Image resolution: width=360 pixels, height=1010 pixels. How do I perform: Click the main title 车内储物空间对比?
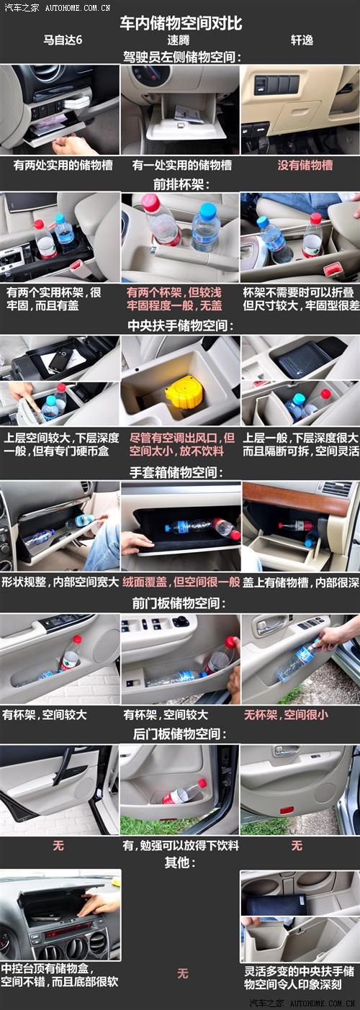coord(181,23)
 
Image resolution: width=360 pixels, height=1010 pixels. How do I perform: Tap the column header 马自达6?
coord(63,40)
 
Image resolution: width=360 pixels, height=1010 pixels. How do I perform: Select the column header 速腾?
coord(179,40)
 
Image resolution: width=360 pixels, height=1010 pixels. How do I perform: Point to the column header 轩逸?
coord(302,40)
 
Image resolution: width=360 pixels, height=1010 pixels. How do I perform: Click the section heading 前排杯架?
coord(181,184)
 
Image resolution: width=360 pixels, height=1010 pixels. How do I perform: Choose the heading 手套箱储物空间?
coord(176,472)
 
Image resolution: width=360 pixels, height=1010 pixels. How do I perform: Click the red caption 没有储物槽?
coord(305,165)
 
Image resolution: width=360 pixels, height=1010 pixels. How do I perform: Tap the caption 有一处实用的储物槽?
coord(182,165)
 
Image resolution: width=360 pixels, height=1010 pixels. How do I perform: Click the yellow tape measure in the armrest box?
coord(183,392)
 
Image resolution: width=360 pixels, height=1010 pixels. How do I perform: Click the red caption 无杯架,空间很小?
coord(286,714)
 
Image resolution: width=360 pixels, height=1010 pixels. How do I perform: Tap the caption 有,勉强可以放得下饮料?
coord(181,845)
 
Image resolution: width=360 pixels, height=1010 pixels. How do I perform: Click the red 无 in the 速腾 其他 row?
coord(182,973)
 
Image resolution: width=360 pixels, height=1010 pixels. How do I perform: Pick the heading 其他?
coord(179,862)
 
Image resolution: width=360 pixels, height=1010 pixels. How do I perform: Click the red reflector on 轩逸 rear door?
coord(287,811)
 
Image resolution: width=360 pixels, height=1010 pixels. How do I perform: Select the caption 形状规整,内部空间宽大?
coord(60,582)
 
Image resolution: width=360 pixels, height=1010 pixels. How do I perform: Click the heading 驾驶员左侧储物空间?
coord(182,57)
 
